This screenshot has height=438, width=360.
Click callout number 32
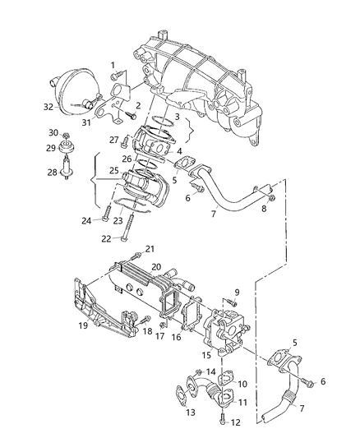coord(48,107)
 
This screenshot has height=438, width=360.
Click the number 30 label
coord(53,133)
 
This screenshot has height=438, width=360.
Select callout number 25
coord(114,193)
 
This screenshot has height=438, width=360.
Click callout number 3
coord(177,118)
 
